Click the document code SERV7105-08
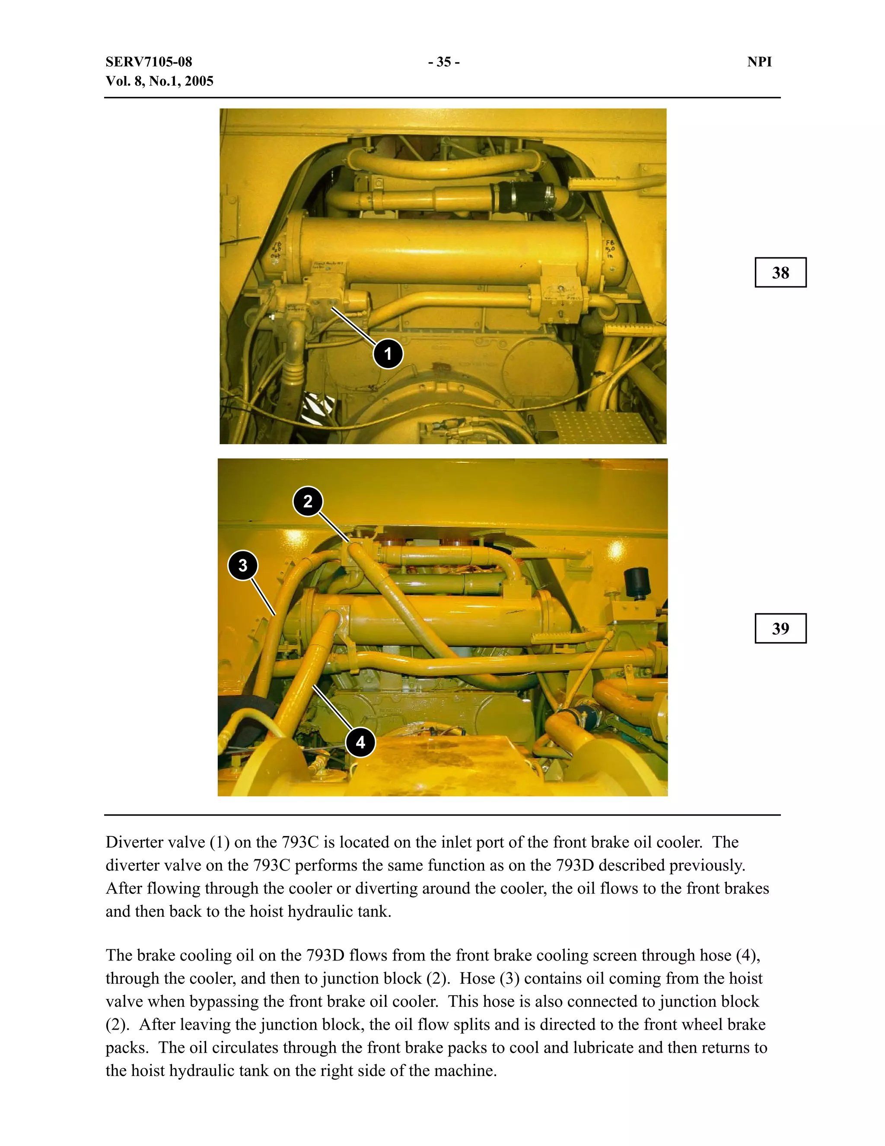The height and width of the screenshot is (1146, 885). [149, 62]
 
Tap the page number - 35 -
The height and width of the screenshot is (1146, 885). [443, 62]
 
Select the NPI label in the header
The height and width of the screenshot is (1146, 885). [759, 62]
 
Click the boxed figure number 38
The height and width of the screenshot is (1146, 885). [780, 272]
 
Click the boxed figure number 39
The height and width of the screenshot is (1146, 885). [780, 628]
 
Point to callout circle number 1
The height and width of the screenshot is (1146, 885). [388, 354]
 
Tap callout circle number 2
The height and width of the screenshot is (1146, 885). [308, 501]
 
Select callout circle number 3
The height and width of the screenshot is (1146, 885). [243, 565]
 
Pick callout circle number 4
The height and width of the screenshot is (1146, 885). [360, 742]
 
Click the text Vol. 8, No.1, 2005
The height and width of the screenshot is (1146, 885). [159, 81]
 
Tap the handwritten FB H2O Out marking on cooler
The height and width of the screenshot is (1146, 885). [276, 249]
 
